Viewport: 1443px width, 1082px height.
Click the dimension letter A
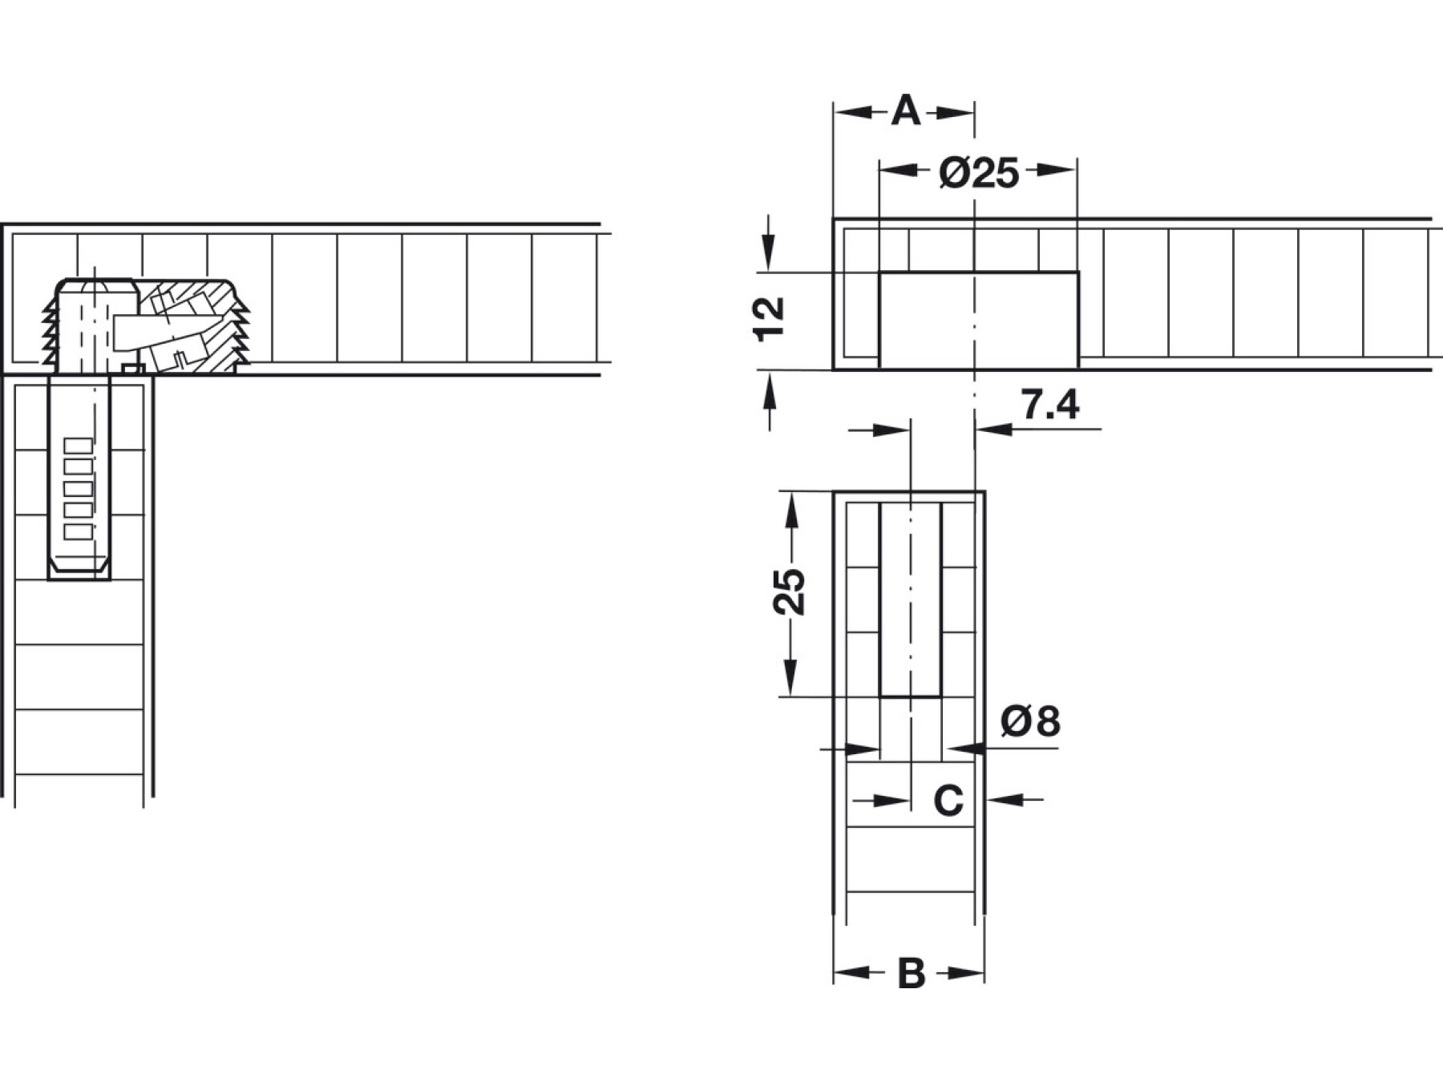click(x=906, y=111)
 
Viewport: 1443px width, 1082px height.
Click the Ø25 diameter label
click(x=979, y=172)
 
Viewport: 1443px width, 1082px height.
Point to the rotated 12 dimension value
click(x=770, y=319)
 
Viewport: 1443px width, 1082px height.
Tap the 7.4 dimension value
click(x=1050, y=406)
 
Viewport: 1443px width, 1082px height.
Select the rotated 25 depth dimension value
click(x=789, y=591)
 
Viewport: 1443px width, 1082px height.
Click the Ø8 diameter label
click(x=1030, y=721)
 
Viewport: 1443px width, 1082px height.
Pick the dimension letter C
click(x=948, y=800)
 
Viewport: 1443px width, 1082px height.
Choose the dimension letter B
click(x=911, y=973)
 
